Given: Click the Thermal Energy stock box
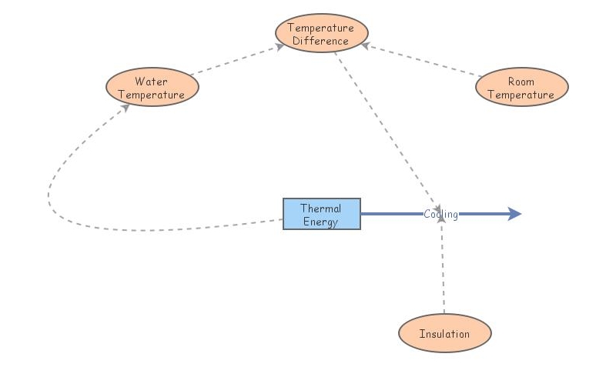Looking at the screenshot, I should point(321,215).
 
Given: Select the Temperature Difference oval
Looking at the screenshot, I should point(321,34).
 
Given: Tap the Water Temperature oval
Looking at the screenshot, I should point(152,88).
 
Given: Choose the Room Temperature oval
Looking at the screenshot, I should point(521,88).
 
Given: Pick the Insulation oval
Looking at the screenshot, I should point(444,334).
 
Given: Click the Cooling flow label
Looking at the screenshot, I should point(440,215).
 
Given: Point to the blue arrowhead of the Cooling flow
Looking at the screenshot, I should point(514,215).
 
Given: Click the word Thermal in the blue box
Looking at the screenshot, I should point(321,209).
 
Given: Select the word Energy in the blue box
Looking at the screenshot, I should point(321,222).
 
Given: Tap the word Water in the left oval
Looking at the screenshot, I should point(151,82).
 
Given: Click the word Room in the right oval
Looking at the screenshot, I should point(521,82).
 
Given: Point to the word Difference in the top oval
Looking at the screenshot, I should point(321,41).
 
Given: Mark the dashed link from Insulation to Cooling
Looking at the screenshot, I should point(443,269).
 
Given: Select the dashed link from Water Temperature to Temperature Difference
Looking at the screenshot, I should point(235,61).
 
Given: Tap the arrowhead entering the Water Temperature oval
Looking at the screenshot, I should point(126,108).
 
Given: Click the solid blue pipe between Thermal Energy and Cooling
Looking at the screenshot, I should point(391,215).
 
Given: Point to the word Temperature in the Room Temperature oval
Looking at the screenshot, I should point(521,95).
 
